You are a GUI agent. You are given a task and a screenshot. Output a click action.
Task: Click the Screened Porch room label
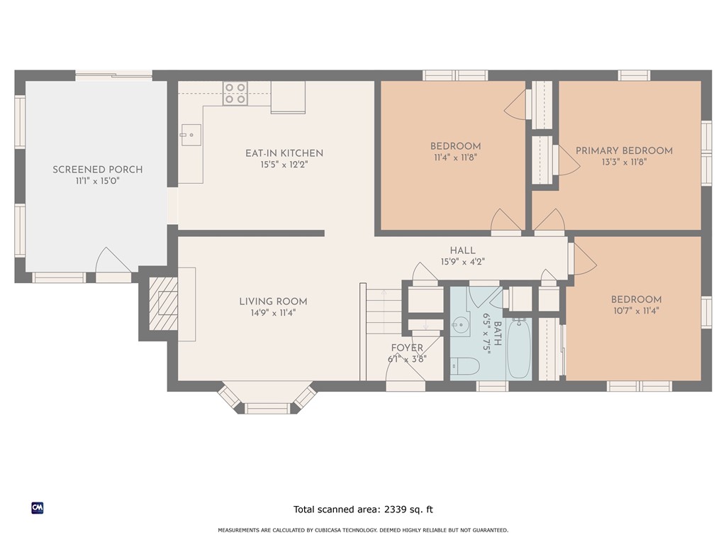[x=97, y=170]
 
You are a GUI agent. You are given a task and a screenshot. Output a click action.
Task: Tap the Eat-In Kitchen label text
[x=284, y=153]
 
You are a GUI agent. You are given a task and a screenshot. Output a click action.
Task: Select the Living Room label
[x=273, y=301]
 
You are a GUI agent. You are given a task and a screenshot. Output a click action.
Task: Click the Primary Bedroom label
[x=624, y=150]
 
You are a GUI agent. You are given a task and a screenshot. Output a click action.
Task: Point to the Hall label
[x=462, y=251]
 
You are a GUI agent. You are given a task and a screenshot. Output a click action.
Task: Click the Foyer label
[x=407, y=348]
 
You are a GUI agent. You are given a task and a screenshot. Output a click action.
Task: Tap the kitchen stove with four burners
[x=235, y=93]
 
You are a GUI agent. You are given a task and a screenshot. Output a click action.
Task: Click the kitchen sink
[x=191, y=135]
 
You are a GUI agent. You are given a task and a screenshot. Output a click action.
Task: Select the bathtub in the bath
[x=518, y=348]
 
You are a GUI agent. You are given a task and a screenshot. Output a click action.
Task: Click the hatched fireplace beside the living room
[x=164, y=304]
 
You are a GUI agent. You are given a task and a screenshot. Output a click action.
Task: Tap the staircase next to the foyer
[x=384, y=311]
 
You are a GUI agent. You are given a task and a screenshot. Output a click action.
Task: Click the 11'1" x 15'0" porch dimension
[x=97, y=181]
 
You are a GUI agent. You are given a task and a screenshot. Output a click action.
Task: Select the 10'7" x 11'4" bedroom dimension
[x=636, y=311]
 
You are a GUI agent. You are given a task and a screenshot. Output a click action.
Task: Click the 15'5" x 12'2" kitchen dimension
[x=284, y=165]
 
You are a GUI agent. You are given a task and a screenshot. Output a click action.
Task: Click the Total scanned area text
[x=363, y=510]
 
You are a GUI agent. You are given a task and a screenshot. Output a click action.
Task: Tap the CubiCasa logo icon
[x=38, y=508]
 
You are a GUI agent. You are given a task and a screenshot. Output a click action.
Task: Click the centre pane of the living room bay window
[x=267, y=408]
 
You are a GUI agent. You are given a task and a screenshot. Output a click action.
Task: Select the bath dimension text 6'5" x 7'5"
[x=486, y=334]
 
